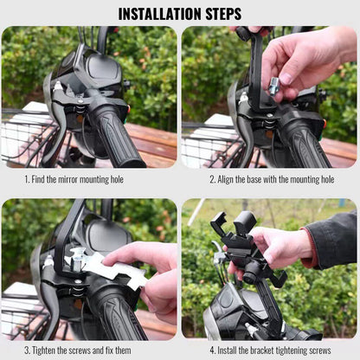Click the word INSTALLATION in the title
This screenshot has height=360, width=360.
click(x=160, y=14)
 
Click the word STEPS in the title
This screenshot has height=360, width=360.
click(x=223, y=14)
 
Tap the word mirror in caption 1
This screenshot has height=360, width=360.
click(x=68, y=179)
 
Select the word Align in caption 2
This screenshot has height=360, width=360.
click(x=225, y=179)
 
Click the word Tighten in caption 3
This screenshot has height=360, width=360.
click(x=43, y=350)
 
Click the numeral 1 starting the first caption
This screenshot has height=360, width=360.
click(x=27, y=179)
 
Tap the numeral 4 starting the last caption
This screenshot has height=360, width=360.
click(x=212, y=350)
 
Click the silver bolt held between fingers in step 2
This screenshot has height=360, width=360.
click(x=273, y=86)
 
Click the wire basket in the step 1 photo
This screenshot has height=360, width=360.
click(x=26, y=138)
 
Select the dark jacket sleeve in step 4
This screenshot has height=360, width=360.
click(x=335, y=241)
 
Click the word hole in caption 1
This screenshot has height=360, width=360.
click(x=117, y=179)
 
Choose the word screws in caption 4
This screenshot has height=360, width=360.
click(x=320, y=350)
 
